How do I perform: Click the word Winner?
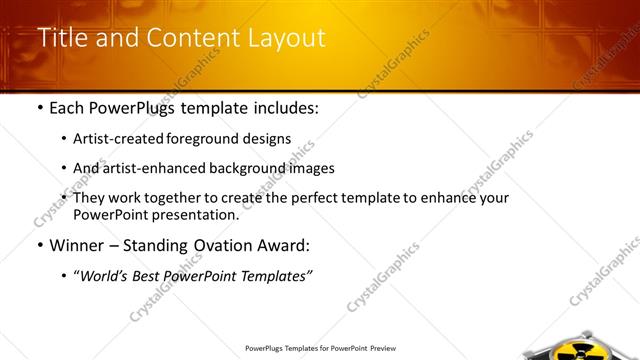[78, 245]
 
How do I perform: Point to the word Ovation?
[220, 245]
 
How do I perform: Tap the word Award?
[284, 245]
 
